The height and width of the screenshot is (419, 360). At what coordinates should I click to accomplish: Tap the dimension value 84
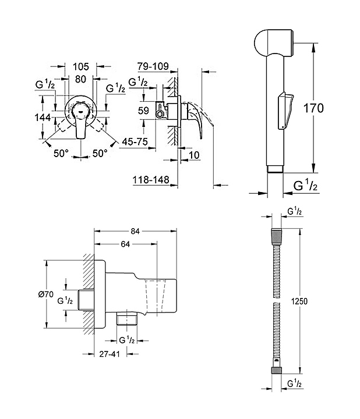click(x=135, y=232)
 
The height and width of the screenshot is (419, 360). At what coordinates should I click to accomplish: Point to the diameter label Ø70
click(x=46, y=294)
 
